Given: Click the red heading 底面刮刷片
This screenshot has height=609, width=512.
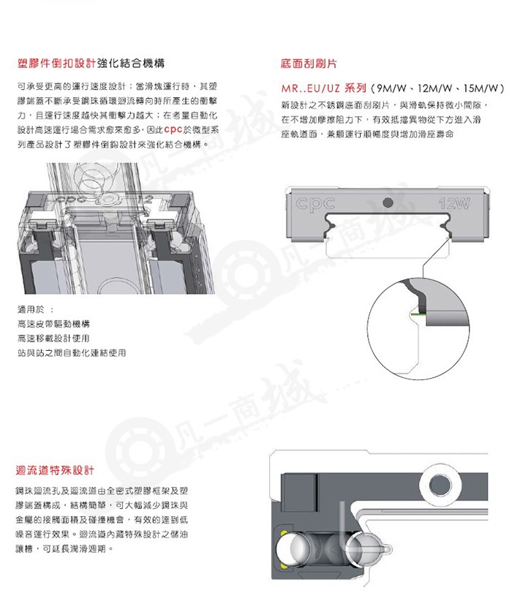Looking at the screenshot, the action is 309,64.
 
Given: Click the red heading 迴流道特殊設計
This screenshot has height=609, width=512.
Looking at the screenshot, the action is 55,470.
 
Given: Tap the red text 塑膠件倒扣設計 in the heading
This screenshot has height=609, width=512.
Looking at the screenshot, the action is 57,64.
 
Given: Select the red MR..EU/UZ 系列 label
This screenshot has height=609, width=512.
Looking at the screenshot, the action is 323,88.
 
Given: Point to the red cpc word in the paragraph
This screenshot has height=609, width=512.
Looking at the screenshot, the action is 173,129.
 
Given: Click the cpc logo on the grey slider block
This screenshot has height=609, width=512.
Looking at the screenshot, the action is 315,203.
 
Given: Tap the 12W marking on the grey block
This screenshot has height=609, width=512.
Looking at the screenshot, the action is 453,203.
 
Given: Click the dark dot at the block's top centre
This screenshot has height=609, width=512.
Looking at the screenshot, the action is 388,203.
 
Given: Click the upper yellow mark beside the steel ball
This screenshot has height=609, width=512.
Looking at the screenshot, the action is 283,532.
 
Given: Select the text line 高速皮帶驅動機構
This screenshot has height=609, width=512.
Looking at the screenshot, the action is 53,324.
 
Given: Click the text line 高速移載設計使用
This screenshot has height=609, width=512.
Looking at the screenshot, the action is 53,338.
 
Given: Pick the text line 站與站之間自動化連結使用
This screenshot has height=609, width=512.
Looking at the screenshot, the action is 72,352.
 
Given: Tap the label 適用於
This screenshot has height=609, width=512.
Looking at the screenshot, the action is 31,309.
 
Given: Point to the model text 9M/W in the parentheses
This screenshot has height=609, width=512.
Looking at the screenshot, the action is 391,88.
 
